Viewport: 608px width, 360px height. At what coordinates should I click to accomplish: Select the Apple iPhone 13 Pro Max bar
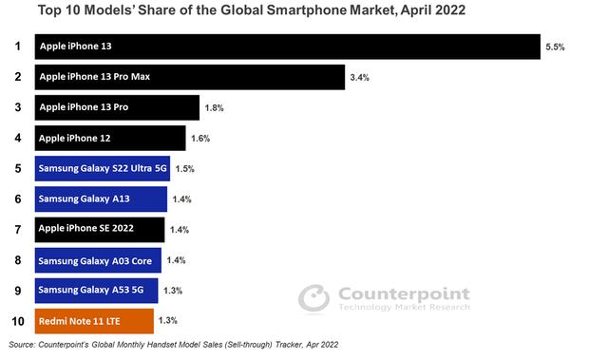(189, 77)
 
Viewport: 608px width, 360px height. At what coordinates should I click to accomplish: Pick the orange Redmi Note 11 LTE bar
(94, 320)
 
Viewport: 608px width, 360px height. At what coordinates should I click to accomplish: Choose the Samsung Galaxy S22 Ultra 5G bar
(103, 168)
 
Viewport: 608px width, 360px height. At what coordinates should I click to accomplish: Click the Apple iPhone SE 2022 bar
(100, 229)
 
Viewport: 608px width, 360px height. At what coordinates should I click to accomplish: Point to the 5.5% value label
(555, 47)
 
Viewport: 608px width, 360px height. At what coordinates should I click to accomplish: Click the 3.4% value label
(359, 77)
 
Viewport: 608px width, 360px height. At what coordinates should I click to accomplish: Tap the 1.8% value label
(214, 107)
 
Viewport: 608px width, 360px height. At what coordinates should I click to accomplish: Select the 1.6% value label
(199, 138)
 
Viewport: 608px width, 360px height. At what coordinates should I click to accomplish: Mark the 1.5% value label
(184, 168)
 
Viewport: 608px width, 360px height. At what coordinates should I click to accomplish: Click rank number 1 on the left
(16, 47)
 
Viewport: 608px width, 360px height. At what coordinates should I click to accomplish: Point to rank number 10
(16, 320)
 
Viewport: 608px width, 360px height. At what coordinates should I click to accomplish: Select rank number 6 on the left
(16, 199)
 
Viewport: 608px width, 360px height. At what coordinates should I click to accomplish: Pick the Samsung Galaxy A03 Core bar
(99, 259)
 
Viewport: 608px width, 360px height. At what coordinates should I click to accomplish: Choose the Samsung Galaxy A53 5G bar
(97, 290)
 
